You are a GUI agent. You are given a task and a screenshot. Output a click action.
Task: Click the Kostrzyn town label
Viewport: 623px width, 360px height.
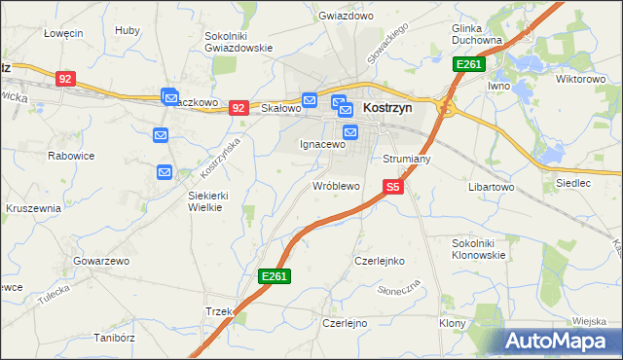click(387, 109)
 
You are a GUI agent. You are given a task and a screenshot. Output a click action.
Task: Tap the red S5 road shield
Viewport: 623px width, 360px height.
click(392, 186)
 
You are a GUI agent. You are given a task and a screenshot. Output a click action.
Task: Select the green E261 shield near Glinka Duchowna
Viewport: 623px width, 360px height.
click(468, 64)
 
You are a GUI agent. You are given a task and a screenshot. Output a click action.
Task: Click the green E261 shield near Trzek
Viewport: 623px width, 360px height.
click(274, 277)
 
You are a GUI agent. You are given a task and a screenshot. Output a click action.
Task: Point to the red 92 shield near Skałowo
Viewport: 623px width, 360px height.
click(238, 108)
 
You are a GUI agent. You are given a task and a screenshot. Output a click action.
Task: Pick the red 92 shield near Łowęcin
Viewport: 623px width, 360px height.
click(65, 78)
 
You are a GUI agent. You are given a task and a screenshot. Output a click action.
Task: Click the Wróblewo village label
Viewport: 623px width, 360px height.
click(336, 185)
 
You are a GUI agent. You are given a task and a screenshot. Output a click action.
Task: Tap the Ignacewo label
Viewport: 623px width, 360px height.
click(322, 144)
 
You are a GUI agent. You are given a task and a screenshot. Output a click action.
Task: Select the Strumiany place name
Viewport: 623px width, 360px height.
click(407, 158)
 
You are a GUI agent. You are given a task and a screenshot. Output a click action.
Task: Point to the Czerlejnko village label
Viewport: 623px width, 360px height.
click(380, 261)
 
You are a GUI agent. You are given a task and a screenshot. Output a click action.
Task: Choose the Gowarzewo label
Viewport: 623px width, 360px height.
click(101, 261)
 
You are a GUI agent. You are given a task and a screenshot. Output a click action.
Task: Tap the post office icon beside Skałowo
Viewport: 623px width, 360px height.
click(310, 99)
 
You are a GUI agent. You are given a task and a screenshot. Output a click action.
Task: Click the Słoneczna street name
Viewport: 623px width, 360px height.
click(398, 290)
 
